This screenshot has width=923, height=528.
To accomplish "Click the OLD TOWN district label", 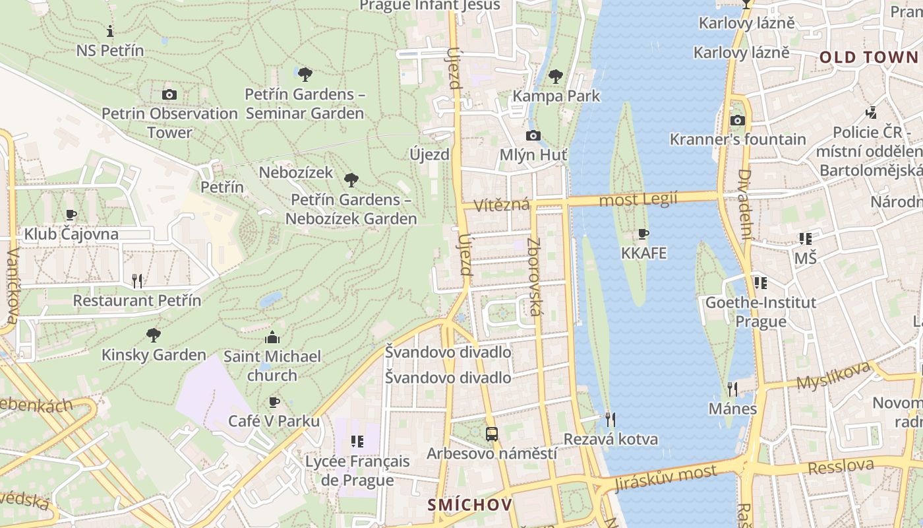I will [868, 57].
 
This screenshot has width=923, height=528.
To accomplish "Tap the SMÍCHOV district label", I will [469, 505].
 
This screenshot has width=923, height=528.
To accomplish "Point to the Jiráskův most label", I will [665, 478].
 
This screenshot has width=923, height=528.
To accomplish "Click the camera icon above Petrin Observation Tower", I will [169, 94].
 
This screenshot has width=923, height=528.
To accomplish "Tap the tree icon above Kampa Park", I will [556, 77].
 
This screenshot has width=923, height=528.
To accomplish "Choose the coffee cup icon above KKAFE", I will [643, 234].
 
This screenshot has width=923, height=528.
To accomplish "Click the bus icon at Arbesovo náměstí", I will [492, 434].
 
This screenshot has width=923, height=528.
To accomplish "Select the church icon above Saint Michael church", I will [272, 338].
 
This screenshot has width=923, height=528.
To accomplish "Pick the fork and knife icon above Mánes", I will [732, 389].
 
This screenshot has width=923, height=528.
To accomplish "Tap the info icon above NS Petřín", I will [110, 31].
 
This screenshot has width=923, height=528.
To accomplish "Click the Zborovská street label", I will [535, 276].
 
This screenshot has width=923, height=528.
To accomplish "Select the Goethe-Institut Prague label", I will [761, 312].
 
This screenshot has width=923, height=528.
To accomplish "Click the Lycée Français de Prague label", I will [357, 471].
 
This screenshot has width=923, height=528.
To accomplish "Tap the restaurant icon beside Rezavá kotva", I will [610, 419].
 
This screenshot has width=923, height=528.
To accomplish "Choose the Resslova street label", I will [841, 467].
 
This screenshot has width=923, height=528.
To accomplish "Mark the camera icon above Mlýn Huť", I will [533, 136].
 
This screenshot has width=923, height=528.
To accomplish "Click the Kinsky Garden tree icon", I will [154, 335].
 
